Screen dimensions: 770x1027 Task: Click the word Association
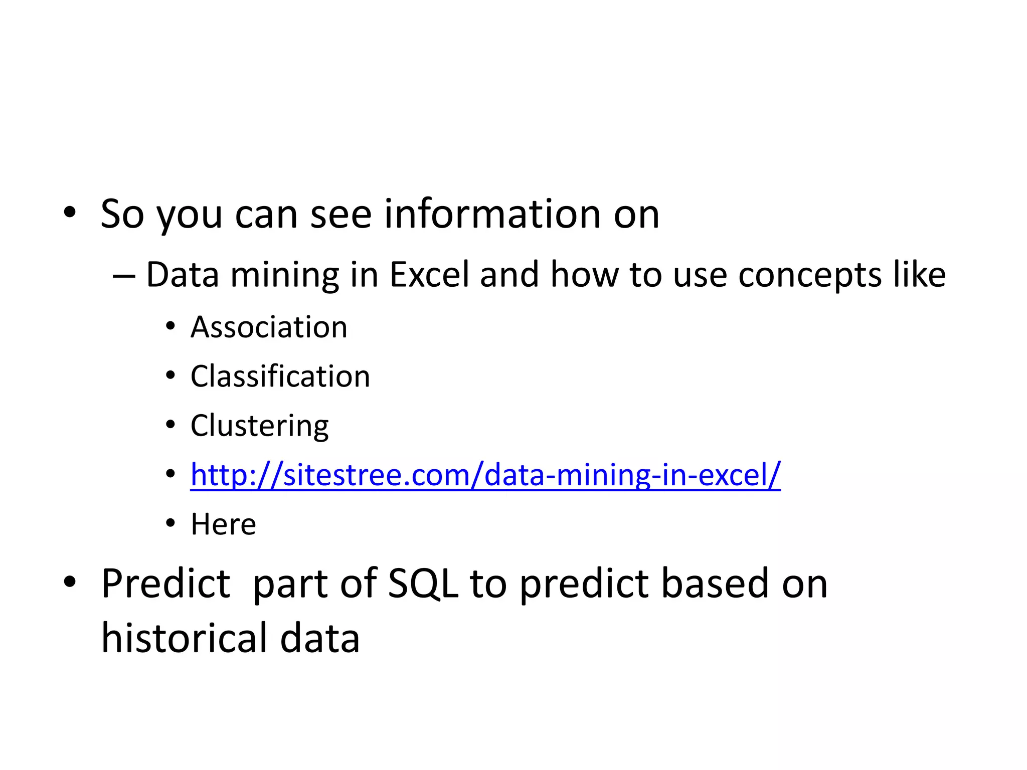pos(269,327)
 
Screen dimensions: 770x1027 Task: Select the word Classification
pos(280,376)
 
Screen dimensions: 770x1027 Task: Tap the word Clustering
pos(259,426)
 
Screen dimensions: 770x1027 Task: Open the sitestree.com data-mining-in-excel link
pos(485,475)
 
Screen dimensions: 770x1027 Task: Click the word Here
pos(223,524)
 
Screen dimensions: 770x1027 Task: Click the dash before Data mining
pos(124,276)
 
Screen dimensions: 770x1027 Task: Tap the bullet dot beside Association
pos(170,327)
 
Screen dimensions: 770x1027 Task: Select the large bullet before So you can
pos(70,213)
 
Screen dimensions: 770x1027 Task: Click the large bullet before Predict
pos(70,582)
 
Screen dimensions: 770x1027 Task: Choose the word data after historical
pos(319,638)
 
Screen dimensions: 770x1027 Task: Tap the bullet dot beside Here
pos(170,523)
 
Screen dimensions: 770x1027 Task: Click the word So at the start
pos(122,214)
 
